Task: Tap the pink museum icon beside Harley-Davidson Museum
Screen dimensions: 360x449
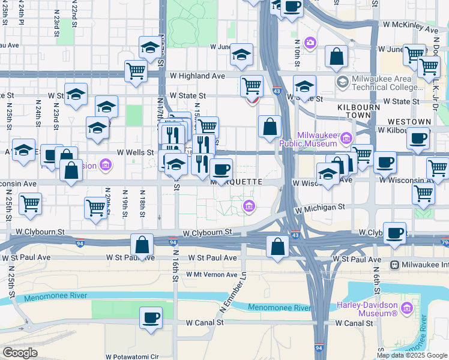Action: (407, 308)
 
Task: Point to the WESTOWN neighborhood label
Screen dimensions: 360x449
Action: (412, 122)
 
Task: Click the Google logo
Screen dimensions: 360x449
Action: (20, 353)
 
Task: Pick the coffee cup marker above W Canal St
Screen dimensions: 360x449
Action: (151, 317)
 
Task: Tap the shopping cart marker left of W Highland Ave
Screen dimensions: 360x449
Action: (136, 71)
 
